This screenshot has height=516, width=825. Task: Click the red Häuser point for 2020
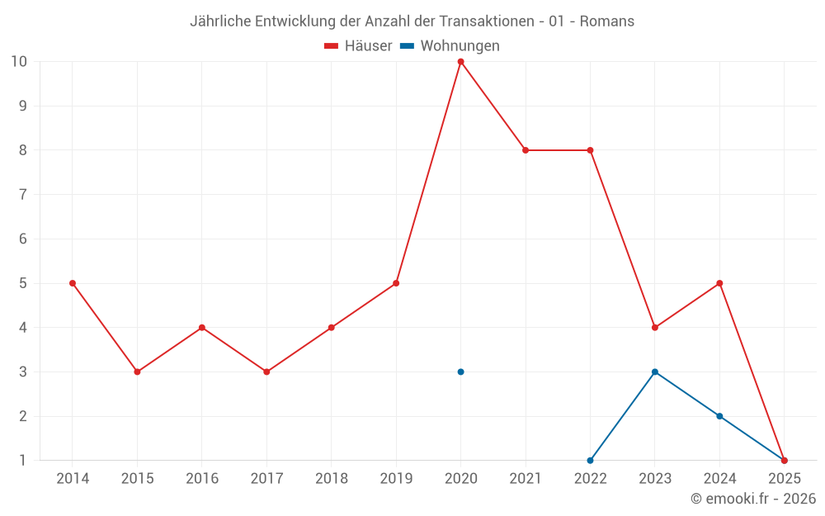pyautogui.click(x=460, y=62)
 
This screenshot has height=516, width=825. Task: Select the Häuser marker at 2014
pyautogui.click(x=73, y=283)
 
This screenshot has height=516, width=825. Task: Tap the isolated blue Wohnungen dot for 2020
pyautogui.click(x=460, y=372)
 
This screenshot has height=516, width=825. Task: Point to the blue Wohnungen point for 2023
pyautogui.click(x=655, y=372)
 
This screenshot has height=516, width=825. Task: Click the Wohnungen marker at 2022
pyautogui.click(x=590, y=460)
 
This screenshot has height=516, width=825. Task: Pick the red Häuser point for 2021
pyautogui.click(x=526, y=150)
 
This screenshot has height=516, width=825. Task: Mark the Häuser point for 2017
pyautogui.click(x=266, y=372)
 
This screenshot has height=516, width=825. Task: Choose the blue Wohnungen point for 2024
pyautogui.click(x=719, y=416)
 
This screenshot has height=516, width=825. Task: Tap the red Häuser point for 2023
pyautogui.click(x=655, y=328)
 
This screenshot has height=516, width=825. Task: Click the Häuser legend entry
pyautogui.click(x=358, y=46)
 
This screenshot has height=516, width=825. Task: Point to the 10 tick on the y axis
pyautogui.click(x=19, y=62)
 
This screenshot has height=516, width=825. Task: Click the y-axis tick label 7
pyautogui.click(x=23, y=195)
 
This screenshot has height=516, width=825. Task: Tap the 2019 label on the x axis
pyautogui.click(x=396, y=479)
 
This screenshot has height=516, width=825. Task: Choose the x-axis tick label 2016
pyautogui.click(x=202, y=479)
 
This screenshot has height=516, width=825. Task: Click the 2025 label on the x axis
pyautogui.click(x=784, y=479)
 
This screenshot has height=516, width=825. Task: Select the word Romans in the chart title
pyautogui.click(x=607, y=21)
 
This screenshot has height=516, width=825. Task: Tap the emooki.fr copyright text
pyautogui.click(x=753, y=499)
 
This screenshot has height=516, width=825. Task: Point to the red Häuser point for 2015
pyautogui.click(x=137, y=372)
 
